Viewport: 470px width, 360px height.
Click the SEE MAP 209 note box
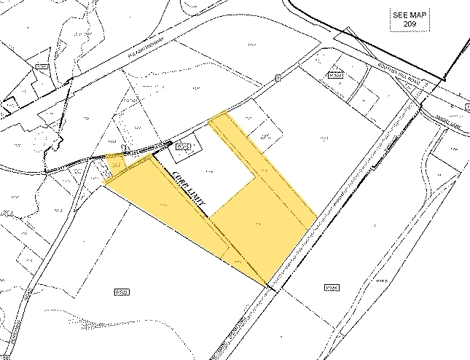[x=401, y=20]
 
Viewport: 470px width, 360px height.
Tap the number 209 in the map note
[x=401, y=25]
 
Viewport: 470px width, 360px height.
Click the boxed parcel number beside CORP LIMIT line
[x=184, y=148]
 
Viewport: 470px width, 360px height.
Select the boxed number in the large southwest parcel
[x=122, y=292]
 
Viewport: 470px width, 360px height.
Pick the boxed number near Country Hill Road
[x=334, y=74]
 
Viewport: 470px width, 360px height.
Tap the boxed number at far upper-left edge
[x=42, y=67]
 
